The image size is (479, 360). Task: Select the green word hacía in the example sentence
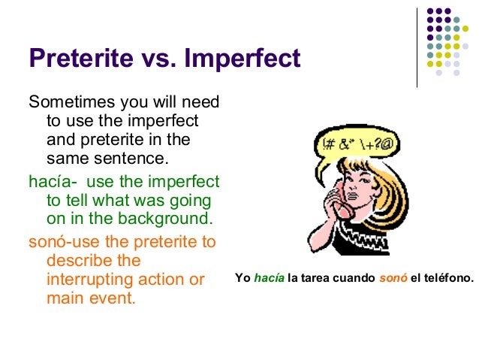click(270, 278)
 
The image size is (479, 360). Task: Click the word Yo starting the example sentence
click(243, 278)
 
